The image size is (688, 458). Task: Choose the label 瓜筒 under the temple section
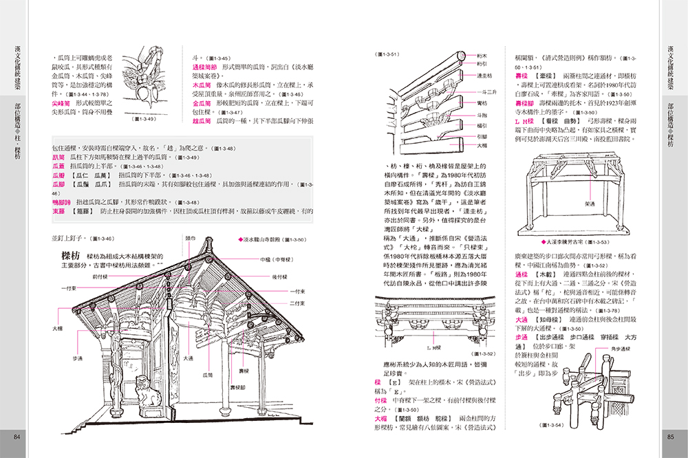[x=206, y=375]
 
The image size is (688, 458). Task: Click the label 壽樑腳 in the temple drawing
[x=238, y=386]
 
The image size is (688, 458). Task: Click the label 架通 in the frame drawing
[x=570, y=204]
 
